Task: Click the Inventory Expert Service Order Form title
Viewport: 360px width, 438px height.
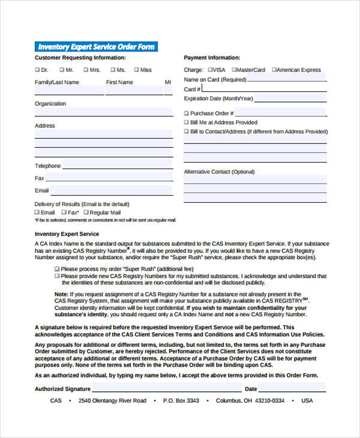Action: [96, 47]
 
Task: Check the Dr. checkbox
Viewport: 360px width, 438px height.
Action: [37, 70]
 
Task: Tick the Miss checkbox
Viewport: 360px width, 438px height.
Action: [136, 70]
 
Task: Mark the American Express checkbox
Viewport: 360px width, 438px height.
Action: [274, 70]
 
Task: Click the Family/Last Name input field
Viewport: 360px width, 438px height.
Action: [68, 91]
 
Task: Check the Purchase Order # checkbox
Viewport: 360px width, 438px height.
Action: [187, 113]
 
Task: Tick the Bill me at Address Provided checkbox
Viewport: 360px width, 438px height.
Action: [187, 122]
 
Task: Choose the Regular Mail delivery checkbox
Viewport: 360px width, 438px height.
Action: [86, 212]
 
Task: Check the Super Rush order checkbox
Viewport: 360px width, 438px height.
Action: [57, 268]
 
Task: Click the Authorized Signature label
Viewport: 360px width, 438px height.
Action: [58, 389]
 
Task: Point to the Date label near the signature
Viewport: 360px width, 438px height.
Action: [251, 389]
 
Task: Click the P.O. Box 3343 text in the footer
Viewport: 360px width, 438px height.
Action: [180, 400]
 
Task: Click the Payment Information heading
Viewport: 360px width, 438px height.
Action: [212, 58]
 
